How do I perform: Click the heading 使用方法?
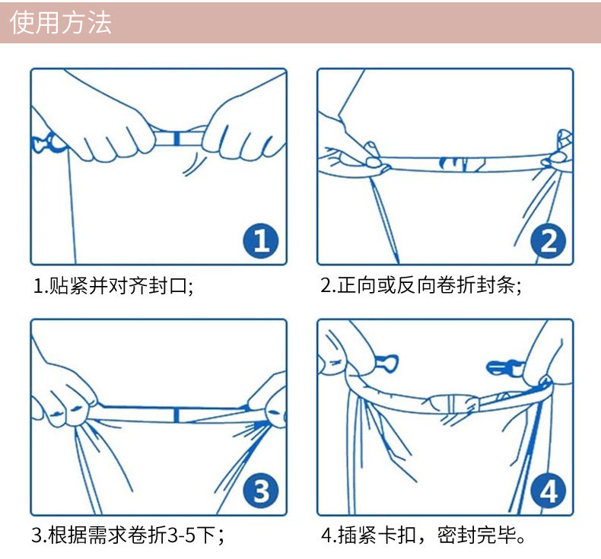pos(61,22)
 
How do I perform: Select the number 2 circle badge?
pos(548,242)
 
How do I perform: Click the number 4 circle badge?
pos(548,492)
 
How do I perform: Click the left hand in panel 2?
pos(346,141)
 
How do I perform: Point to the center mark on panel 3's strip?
pos(176,414)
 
